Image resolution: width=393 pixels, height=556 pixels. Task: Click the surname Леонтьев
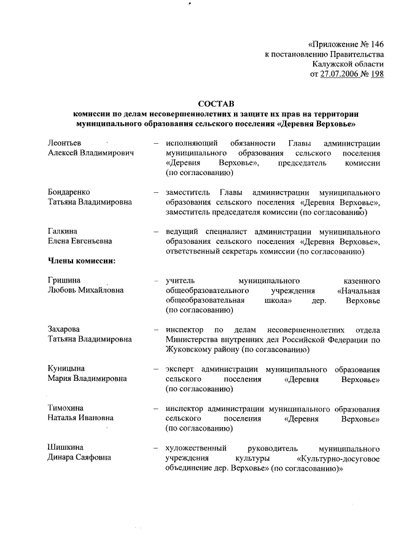tap(65, 143)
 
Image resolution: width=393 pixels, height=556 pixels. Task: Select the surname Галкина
tap(63, 232)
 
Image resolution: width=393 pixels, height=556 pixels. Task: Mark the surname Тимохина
tap(66, 408)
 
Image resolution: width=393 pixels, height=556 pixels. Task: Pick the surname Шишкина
tap(66, 447)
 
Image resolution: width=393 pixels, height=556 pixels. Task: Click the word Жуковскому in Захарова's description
tap(192, 350)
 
